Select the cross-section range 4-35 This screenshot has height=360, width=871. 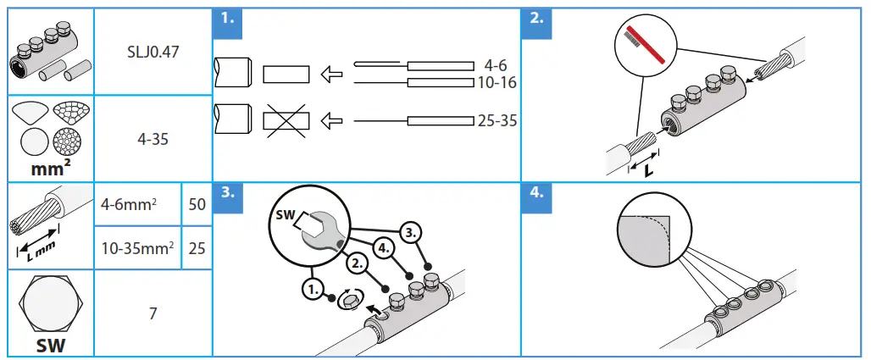pyautogui.click(x=153, y=138)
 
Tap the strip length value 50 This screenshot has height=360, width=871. pyautogui.click(x=197, y=204)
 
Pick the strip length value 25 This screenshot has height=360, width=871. pyautogui.click(x=197, y=248)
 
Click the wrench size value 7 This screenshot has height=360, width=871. pyautogui.click(x=153, y=313)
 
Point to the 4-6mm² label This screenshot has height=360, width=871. pyautogui.click(x=129, y=204)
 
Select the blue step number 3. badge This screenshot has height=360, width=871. pyautogui.click(x=226, y=194)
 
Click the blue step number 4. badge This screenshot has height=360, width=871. pyautogui.click(x=536, y=194)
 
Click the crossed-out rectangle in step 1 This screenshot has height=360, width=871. pyautogui.click(x=286, y=121)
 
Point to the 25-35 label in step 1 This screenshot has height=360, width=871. pyautogui.click(x=497, y=121)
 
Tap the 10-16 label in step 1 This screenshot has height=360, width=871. pyautogui.click(x=497, y=83)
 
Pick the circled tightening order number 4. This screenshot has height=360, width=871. pyautogui.click(x=383, y=249)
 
